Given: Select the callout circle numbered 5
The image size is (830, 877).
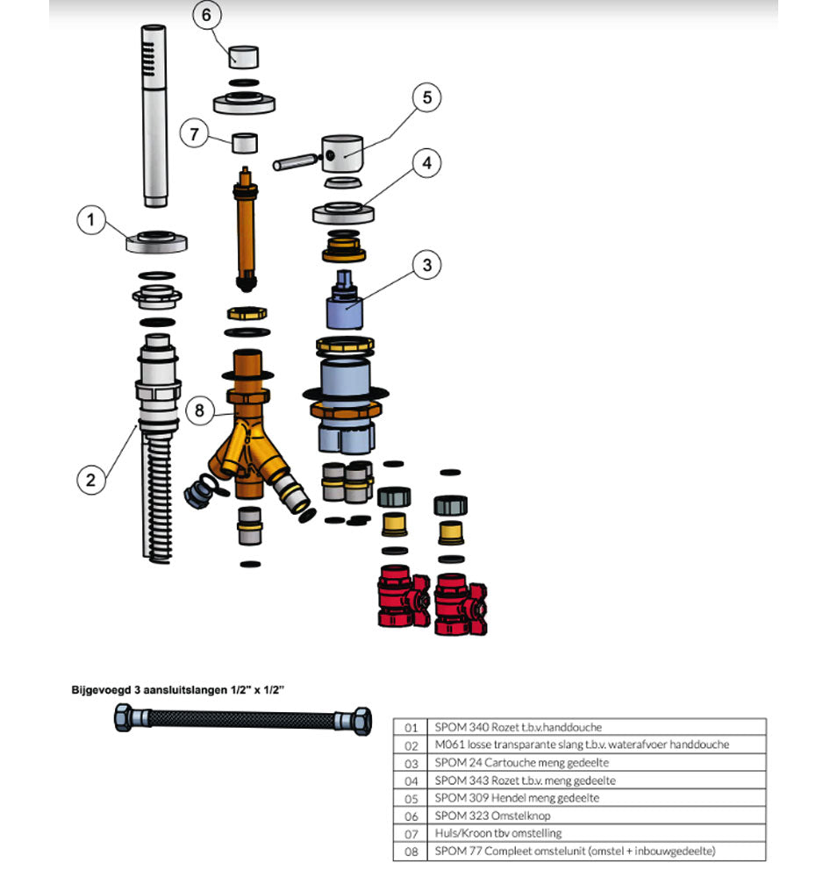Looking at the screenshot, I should (x=426, y=97).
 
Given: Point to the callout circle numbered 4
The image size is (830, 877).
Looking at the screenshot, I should (x=426, y=163).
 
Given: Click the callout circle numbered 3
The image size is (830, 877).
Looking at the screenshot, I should (x=426, y=265).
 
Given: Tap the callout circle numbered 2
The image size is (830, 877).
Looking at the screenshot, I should (x=90, y=479).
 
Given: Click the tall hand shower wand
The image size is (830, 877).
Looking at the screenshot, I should (x=154, y=114).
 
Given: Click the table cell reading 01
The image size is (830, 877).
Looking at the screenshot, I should (x=411, y=727).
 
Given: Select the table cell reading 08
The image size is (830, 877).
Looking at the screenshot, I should (x=411, y=851).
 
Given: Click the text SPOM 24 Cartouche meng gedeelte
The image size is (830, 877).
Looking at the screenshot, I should (x=521, y=762).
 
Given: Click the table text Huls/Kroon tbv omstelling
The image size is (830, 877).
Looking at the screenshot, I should (x=497, y=833).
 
